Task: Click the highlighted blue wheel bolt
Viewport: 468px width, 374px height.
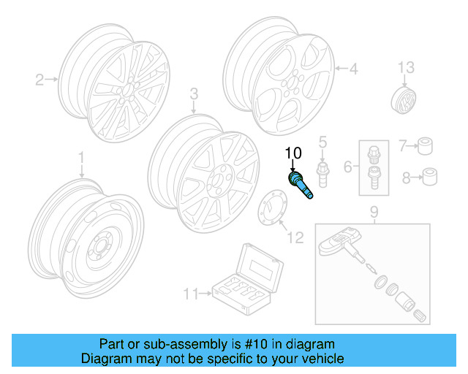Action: (x=301, y=183)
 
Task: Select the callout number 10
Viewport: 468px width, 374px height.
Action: (x=292, y=153)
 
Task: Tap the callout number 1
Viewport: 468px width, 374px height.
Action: (x=82, y=157)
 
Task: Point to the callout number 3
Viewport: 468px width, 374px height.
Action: (x=194, y=93)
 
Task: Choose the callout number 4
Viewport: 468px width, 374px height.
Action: (x=353, y=69)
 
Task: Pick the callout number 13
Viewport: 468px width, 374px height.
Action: (x=406, y=68)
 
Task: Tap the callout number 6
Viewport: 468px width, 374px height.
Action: (x=348, y=166)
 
